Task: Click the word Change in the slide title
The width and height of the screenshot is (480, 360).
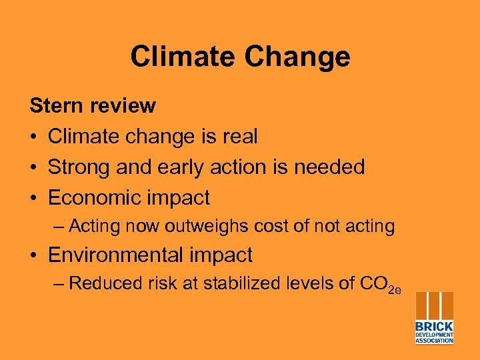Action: click(x=297, y=57)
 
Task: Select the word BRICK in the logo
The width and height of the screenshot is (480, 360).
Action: click(x=434, y=327)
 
